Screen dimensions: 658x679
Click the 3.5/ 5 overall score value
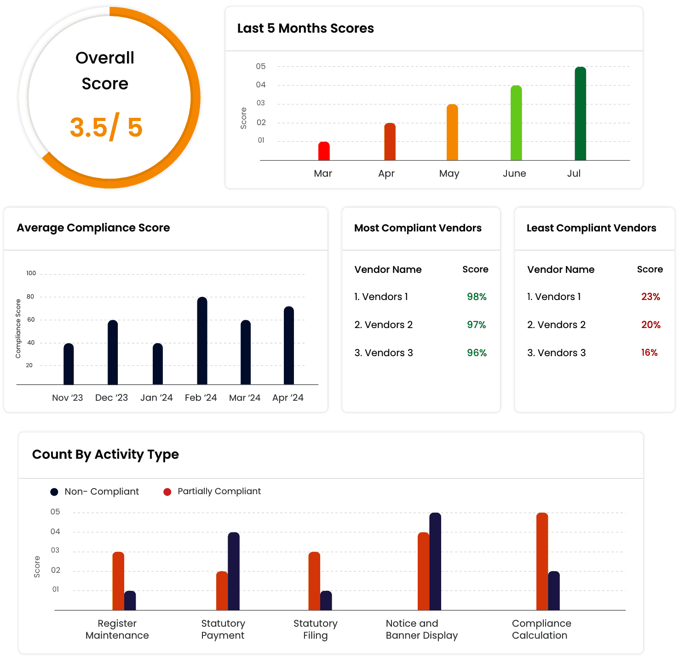106,127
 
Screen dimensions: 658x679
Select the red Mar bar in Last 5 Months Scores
324,151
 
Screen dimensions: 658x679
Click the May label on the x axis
449,173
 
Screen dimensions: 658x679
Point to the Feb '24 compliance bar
202,341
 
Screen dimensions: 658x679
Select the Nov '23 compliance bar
69,364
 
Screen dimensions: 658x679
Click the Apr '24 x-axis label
288,398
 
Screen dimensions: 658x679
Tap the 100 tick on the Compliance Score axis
31,273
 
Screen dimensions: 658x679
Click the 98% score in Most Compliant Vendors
477,297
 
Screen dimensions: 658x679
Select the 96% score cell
477,353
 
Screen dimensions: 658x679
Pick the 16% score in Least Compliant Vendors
649,353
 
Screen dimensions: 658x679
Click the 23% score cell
650,297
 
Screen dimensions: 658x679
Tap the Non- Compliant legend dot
54,492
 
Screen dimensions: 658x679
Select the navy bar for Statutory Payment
234,571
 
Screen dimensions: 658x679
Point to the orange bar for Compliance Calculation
542,561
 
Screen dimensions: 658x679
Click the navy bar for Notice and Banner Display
435,561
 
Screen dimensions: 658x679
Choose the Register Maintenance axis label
117,629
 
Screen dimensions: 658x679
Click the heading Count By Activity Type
105,455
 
